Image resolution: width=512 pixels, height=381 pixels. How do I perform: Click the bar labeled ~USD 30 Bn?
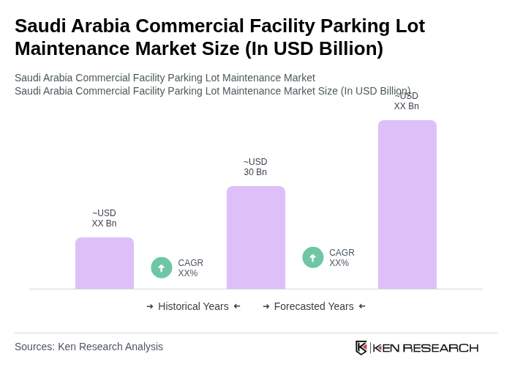click(255, 237)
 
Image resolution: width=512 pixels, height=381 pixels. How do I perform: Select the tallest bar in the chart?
click(407, 204)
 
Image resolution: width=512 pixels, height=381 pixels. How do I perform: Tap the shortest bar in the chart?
click(104, 263)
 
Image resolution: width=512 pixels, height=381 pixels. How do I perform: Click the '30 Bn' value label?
click(255, 172)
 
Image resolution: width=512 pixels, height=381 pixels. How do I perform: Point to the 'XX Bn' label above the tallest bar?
click(406, 106)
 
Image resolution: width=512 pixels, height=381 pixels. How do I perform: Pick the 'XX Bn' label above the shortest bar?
click(104, 223)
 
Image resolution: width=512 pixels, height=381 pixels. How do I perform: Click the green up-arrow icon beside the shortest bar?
click(162, 268)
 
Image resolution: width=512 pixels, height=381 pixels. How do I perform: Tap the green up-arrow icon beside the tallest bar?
click(313, 258)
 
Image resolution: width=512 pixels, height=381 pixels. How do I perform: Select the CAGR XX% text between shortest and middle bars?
click(190, 268)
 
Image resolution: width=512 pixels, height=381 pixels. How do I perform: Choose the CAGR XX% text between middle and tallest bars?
click(342, 258)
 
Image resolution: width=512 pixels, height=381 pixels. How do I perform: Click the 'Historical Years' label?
click(193, 306)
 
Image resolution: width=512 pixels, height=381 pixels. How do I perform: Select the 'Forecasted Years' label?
click(314, 306)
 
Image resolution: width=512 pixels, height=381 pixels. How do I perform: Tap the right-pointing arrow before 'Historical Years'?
click(150, 306)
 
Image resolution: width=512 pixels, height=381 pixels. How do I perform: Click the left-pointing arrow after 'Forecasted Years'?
click(362, 306)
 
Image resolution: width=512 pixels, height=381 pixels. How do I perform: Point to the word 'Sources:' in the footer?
click(34, 347)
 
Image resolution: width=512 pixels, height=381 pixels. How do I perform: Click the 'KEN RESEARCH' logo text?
click(426, 348)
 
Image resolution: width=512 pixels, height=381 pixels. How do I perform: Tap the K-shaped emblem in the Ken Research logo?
click(361, 347)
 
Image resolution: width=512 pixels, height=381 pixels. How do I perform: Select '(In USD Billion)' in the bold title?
click(314, 48)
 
